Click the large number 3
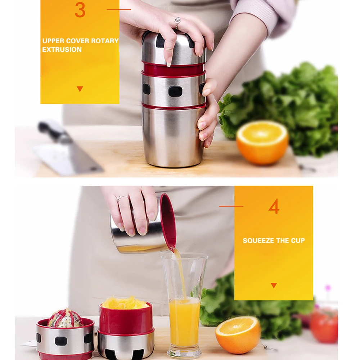(80, 10)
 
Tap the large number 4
(274, 206)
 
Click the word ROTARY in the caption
(105, 41)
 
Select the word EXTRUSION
(62, 50)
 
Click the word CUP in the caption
(298, 240)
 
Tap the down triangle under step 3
(80, 89)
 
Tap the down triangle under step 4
(274, 285)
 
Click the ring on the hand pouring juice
(121, 198)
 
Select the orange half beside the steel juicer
(262, 142)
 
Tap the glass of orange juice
(184, 305)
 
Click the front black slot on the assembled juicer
(175, 91)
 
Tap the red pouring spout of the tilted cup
(171, 243)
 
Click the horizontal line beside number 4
(231, 206)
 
